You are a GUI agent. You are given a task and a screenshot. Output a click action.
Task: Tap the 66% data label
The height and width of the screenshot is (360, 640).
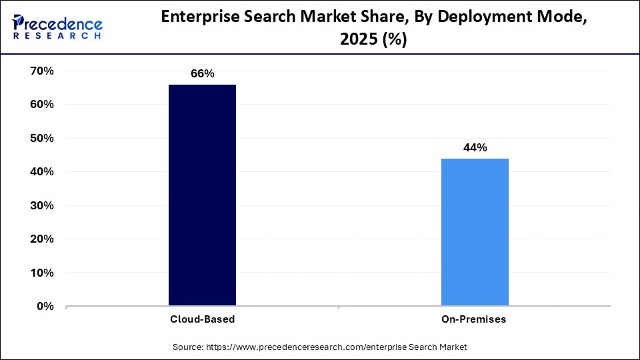(202, 74)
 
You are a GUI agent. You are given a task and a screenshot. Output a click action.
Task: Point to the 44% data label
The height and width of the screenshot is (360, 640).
(475, 148)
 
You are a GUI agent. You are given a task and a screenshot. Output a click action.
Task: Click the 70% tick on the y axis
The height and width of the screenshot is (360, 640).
(41, 71)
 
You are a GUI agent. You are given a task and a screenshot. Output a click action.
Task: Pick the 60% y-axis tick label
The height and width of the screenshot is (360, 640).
(41, 105)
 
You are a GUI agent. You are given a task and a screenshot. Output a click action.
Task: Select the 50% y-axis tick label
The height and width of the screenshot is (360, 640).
(41, 138)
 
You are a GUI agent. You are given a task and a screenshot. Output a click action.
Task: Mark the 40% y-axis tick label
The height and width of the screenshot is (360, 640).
(41, 172)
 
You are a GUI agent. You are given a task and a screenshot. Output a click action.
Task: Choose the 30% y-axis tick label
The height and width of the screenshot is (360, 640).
(41, 205)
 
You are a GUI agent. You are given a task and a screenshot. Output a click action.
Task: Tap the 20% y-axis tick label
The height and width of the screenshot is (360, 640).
(41, 239)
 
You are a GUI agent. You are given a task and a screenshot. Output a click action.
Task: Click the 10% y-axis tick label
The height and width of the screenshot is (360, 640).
(41, 273)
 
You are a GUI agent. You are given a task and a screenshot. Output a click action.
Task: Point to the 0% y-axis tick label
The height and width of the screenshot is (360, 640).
(45, 307)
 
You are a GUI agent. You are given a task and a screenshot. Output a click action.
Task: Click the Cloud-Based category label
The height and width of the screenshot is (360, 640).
(202, 319)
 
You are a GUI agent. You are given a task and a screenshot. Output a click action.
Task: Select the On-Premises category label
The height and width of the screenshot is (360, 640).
(474, 319)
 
